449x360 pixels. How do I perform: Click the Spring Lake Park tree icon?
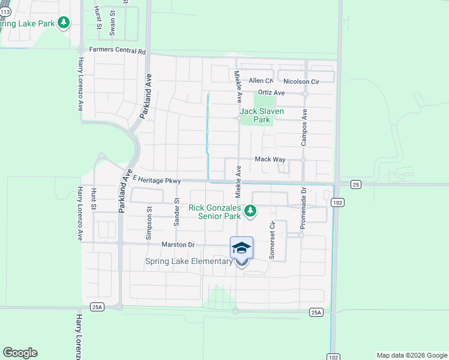[x=64, y=23]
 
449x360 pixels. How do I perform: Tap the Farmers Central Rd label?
[x=118, y=51]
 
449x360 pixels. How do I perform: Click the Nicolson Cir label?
[x=301, y=81]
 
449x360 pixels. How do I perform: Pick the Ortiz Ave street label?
[x=271, y=93]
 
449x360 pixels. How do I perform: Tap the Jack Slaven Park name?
[x=262, y=115]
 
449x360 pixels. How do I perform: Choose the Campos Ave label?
[x=304, y=127]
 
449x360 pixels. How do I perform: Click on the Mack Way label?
[x=270, y=159]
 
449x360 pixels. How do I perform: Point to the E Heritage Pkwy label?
[x=157, y=179]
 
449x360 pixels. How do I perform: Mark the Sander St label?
[x=177, y=212]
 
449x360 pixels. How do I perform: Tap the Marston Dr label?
[x=178, y=245]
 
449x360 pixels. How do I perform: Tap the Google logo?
[x=20, y=353]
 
